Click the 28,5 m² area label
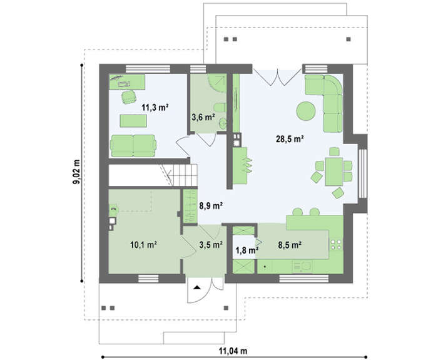pos(290,138)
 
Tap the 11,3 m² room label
pos(155,107)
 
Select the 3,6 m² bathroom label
pos(203,117)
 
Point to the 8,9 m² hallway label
pos(211,206)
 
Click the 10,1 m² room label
pos(143,245)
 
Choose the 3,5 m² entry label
pos(211,245)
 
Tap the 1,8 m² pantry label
pos(247,250)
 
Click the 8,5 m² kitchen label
pos(289,245)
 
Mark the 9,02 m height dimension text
pos(76,172)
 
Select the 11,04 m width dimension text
pos(233,351)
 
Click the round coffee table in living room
pos(306,111)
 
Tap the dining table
pos(334,172)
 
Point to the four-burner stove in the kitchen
pos(336,245)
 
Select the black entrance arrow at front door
pos(197,287)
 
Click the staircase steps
pos(185,175)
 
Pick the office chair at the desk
pos(129,97)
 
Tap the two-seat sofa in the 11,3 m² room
pos(133,146)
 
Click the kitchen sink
pos(302,267)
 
